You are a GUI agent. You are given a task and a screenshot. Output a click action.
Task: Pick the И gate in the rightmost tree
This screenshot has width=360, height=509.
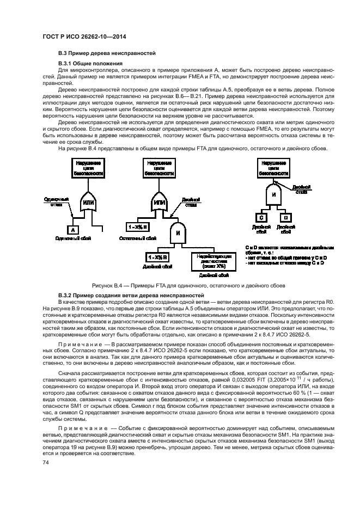click(x=274, y=194)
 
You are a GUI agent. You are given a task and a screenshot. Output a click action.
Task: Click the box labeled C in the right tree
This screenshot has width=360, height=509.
click(x=261, y=218)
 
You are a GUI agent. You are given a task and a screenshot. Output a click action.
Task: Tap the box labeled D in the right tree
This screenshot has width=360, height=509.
click(x=285, y=218)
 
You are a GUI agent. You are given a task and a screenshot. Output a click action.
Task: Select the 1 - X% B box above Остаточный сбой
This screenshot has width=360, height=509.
click(x=138, y=226)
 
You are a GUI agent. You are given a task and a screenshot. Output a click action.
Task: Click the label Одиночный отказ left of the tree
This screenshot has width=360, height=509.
click(x=52, y=202)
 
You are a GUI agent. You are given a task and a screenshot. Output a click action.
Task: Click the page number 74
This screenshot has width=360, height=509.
click(x=46, y=462)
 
